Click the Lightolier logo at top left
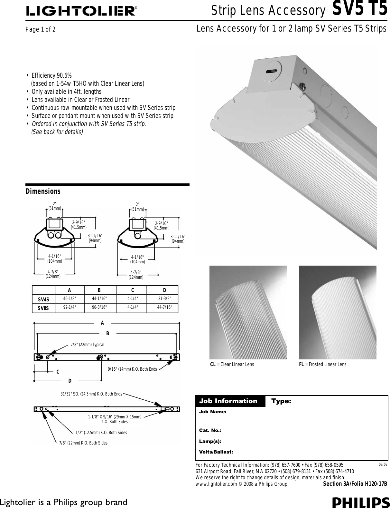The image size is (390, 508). (81, 12)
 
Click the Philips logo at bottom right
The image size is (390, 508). (361, 503)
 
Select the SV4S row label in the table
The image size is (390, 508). (43, 299)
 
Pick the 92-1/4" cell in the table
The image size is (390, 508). (70, 307)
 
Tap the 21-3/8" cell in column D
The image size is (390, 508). (164, 298)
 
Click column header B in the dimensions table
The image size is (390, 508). (99, 290)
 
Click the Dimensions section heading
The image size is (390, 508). (43, 191)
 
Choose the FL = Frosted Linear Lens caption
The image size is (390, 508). (323, 364)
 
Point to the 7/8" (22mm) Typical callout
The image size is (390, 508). (87, 345)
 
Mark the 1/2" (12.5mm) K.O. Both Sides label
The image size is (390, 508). (101, 433)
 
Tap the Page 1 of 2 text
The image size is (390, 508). (41, 30)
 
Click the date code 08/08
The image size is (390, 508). (383, 464)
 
